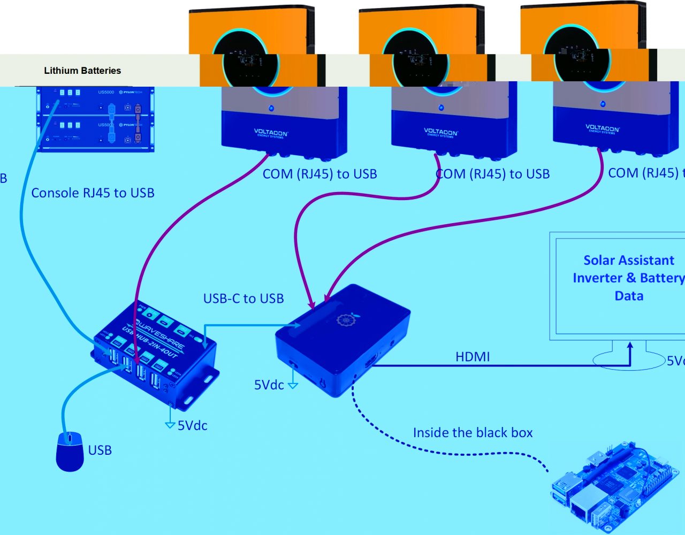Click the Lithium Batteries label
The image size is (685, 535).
82,71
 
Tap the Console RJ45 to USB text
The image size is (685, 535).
93,193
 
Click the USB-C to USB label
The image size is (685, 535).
243,299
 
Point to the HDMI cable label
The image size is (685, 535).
473,357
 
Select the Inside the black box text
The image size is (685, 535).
473,433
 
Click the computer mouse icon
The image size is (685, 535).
70,452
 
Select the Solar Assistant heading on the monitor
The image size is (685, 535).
629,261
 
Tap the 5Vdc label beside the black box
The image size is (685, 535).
269,385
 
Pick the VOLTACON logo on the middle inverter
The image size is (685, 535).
440,132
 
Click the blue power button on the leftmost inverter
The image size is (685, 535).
271,108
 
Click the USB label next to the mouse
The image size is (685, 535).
100,450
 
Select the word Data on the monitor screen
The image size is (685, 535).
629,296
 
